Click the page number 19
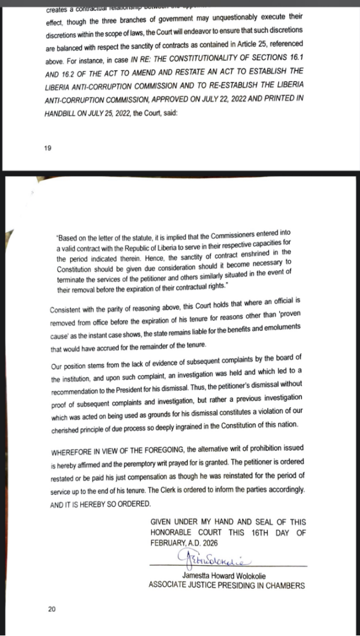[48, 148]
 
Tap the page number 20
[51, 609]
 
